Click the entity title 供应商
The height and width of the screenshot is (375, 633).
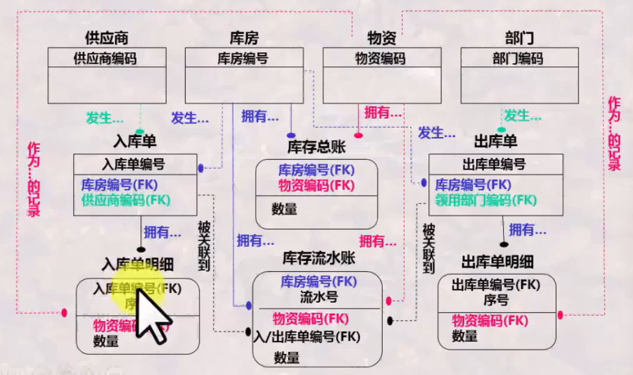107,39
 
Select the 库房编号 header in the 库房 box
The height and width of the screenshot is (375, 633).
243,59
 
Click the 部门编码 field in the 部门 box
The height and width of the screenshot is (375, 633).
518,59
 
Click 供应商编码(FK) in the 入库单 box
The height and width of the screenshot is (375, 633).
126,200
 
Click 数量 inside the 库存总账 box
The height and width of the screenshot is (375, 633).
285,209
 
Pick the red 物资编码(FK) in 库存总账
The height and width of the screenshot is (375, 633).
316,185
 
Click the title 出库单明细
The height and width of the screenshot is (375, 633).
497,262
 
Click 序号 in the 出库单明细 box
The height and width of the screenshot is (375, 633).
496,300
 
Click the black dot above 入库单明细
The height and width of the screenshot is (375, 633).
141,249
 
